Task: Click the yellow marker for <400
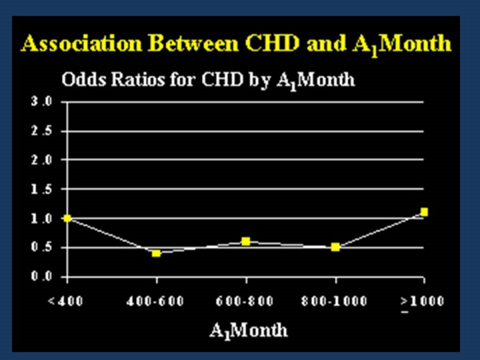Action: [67, 218]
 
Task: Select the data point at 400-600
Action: [156, 253]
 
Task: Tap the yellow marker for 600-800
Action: [246, 241]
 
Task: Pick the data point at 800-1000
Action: [335, 247]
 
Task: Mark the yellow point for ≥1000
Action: [424, 212]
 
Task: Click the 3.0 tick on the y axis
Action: [41, 102]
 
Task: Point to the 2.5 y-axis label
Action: [41, 131]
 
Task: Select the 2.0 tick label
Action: [41, 160]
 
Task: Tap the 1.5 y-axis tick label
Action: [41, 189]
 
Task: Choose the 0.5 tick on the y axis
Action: [41, 247]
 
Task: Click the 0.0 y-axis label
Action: [41, 277]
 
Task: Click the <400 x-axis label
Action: [65, 301]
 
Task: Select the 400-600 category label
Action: [156, 301]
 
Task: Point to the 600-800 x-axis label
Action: [246, 301]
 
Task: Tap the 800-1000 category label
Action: [335, 301]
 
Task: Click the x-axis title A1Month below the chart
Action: [249, 330]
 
